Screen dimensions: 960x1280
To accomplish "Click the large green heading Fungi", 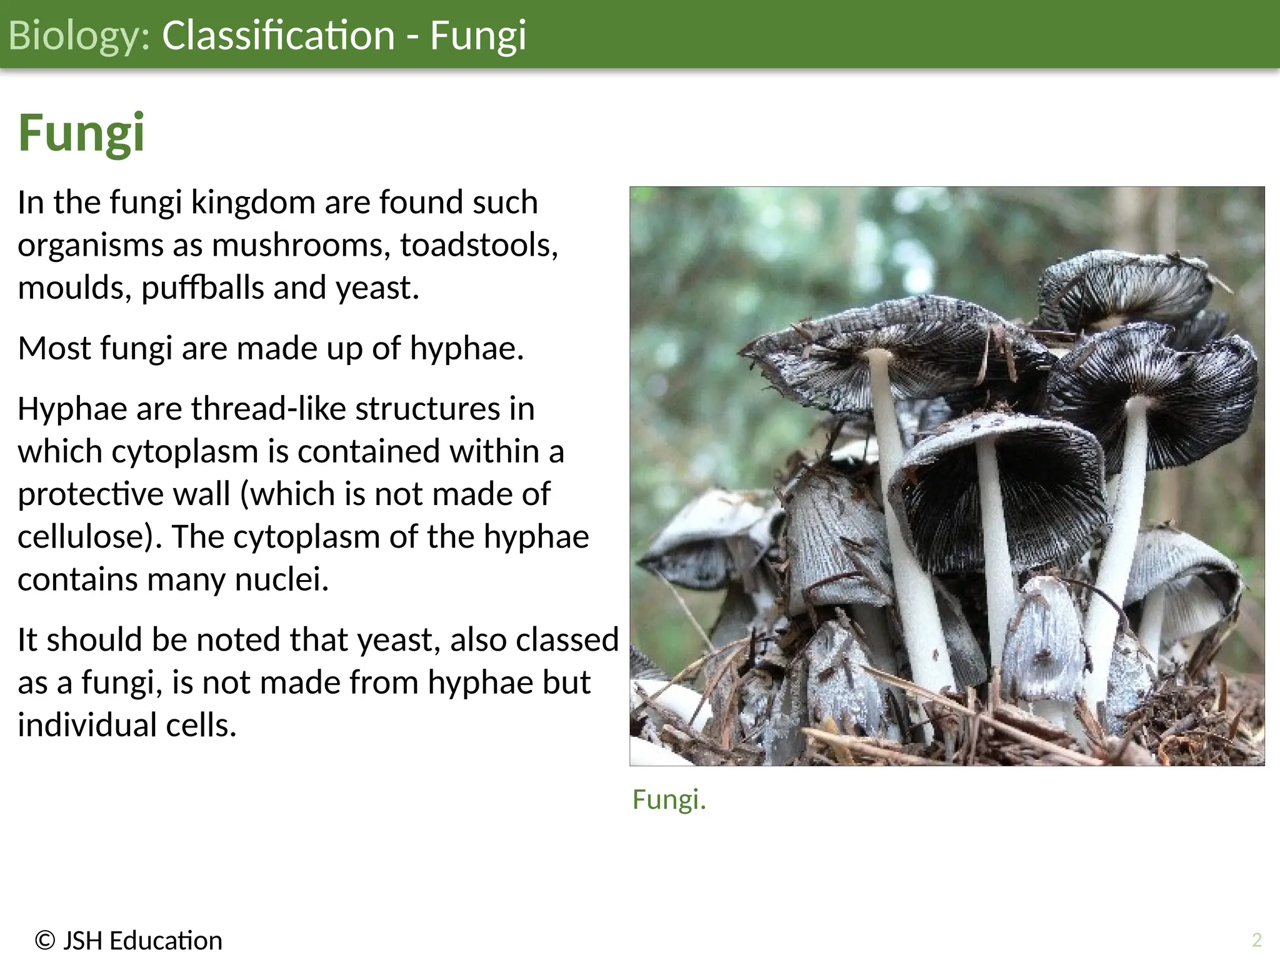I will [x=81, y=132].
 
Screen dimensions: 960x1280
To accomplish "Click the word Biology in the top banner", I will [x=79, y=35].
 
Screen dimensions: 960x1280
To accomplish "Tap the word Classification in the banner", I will [x=278, y=35].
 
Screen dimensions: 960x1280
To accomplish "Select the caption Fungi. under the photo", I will [x=669, y=799].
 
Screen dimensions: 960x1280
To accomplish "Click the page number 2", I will [x=1257, y=939].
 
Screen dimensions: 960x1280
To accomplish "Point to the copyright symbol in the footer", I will [x=45, y=941].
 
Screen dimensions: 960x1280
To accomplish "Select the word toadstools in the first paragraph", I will [x=479, y=245].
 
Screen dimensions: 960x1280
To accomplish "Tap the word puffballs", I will [x=202, y=288].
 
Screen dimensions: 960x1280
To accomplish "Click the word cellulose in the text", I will [x=85, y=537].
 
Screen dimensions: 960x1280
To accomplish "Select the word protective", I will [x=91, y=494].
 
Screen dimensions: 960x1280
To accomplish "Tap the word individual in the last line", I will [x=87, y=726].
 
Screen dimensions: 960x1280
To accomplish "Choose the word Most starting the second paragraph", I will [x=54, y=348].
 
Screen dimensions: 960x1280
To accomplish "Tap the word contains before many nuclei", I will [x=77, y=579].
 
